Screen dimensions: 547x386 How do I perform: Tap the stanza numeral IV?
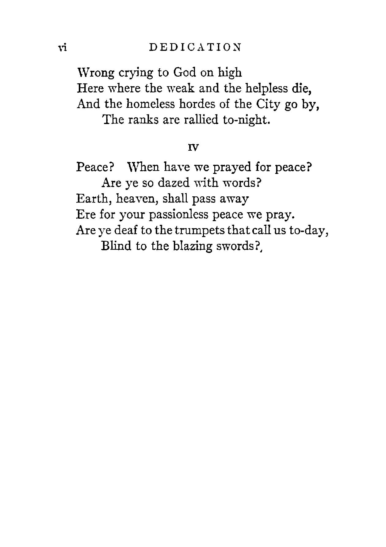[x=193, y=148]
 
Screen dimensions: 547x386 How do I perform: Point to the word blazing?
[x=193, y=246]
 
